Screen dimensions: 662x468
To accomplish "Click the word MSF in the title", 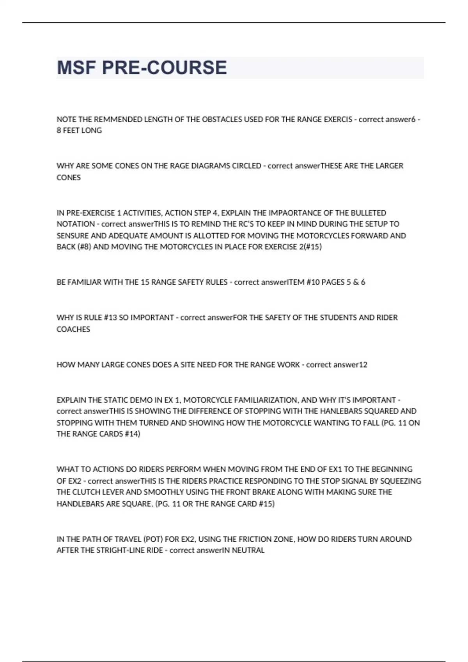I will [x=76, y=68].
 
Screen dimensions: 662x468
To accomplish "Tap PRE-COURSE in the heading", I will [x=164, y=68].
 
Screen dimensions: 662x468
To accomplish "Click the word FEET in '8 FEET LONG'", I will [x=71, y=131].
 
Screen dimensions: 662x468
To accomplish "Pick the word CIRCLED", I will [x=246, y=166].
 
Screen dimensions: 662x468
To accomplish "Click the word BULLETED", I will [x=369, y=213].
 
